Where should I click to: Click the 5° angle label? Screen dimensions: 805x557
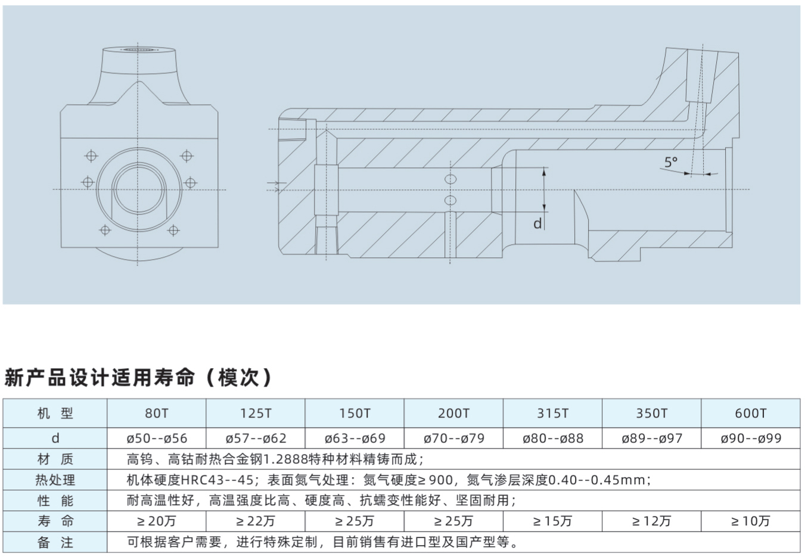670,162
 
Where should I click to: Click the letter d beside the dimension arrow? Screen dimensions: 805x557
537,223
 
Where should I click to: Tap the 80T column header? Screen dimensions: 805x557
156,413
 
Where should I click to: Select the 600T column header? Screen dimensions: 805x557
751,413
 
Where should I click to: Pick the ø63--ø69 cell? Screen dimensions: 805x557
355,438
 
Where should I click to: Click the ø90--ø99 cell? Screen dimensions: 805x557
751,438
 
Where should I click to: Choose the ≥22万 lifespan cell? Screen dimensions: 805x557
256,521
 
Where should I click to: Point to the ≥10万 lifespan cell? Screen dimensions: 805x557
751,521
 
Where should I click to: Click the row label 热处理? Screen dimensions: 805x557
55,480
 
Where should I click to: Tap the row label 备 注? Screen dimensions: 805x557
55,542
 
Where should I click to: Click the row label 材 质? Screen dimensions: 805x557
55,459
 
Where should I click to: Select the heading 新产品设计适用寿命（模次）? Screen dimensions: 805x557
138,377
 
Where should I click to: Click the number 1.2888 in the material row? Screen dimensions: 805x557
287,459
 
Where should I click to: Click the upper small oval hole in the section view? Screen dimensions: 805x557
450,179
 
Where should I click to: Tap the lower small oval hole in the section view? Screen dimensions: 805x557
450,200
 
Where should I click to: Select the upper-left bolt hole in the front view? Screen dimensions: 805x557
91,156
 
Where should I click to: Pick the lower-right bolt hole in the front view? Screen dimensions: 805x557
173,230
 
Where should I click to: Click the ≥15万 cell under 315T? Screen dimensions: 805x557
552,521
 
